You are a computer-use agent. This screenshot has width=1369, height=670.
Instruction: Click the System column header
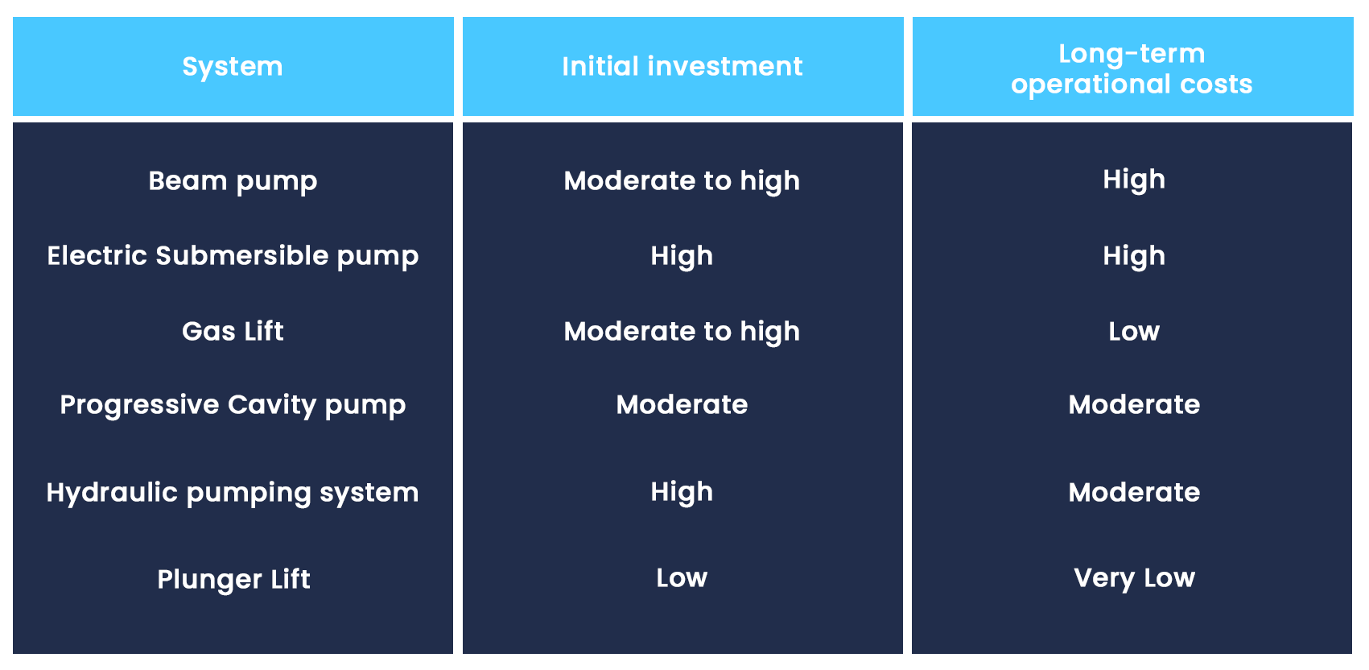(233, 67)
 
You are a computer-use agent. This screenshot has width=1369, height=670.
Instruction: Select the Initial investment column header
(682, 66)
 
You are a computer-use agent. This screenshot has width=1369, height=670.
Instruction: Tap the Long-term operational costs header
(1132, 68)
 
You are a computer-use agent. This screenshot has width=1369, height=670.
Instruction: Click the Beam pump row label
(233, 181)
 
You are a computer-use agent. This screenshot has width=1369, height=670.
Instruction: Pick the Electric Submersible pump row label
(233, 256)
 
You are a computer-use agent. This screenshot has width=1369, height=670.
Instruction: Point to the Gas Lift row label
(233, 331)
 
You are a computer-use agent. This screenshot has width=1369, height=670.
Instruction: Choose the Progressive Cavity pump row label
(233, 405)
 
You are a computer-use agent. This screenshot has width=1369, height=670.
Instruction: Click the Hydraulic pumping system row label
(233, 493)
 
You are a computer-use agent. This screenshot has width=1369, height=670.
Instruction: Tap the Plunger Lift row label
(233, 580)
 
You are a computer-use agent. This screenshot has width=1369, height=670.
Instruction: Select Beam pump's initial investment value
(682, 181)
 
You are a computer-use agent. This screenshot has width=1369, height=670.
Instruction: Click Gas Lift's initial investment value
(682, 332)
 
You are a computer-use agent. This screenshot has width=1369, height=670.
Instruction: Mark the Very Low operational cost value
(1134, 578)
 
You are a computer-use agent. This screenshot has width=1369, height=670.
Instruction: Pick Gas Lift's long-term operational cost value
(1134, 331)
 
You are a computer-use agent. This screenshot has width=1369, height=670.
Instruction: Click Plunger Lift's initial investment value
(682, 577)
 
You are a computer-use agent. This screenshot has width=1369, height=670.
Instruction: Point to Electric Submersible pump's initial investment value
(682, 256)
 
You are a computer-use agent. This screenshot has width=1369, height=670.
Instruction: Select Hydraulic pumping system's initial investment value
(682, 493)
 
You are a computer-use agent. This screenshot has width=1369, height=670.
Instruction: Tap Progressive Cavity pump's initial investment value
(682, 405)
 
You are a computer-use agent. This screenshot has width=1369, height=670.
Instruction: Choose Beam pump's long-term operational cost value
(1134, 180)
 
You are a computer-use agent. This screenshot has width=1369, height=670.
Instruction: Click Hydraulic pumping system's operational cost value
(1134, 493)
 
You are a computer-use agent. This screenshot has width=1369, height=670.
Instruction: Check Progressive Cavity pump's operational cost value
(1134, 405)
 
